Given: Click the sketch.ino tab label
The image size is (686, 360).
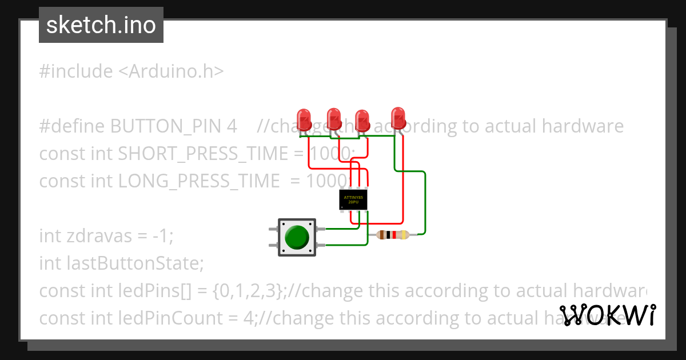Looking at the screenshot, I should (101, 25).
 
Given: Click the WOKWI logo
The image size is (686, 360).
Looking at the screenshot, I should (608, 315).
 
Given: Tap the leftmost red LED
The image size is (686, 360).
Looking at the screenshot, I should (304, 118).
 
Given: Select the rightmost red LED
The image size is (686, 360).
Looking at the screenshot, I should (398, 117).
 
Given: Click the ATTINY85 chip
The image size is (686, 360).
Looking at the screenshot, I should (354, 200).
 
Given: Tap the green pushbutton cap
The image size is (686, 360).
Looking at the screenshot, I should (297, 237).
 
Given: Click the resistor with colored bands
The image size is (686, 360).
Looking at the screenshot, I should (393, 234).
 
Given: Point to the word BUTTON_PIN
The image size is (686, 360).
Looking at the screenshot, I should (173, 126).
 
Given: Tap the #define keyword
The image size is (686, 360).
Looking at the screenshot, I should (72, 126).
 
